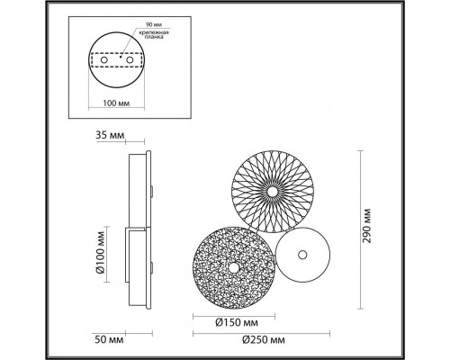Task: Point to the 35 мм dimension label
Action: pyautogui.click(x=106, y=136)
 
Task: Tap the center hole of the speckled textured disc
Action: pyautogui.click(x=231, y=267)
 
